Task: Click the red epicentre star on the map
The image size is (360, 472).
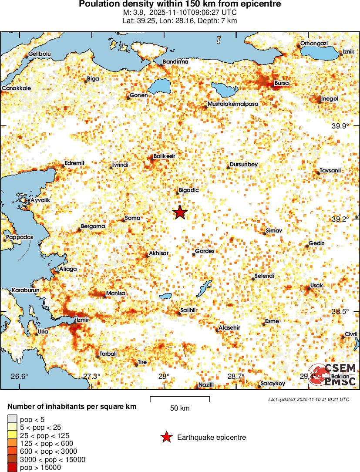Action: pyautogui.click(x=180, y=212)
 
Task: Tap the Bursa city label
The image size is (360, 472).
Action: pyautogui.click(x=282, y=83)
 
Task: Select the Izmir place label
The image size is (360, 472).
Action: pyautogui.click(x=82, y=320)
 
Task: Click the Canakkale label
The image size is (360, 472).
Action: pyautogui.click(x=16, y=88)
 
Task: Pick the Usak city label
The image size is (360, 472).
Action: pyautogui.click(x=316, y=286)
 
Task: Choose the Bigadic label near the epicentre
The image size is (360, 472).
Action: pyautogui.click(x=189, y=190)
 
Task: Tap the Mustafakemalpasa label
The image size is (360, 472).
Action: pyautogui.click(x=233, y=105)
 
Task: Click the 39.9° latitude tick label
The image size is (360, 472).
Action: pyautogui.click(x=340, y=126)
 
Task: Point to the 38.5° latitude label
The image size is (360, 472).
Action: pyautogui.click(x=340, y=312)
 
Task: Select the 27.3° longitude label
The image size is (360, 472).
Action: pyautogui.click(x=91, y=377)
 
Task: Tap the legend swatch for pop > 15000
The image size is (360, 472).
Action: pyautogui.click(x=12, y=468)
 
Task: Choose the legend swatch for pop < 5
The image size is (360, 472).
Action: pyautogui.click(x=12, y=419)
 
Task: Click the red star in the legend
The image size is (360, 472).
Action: pyautogui.click(x=166, y=438)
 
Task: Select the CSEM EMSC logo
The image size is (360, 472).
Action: pyautogui.click(x=333, y=374)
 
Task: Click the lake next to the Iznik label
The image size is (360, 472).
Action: pyautogui.click(x=320, y=54)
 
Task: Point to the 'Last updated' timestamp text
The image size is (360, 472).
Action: pyautogui.click(x=309, y=399)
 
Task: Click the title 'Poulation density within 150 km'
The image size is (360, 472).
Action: pyautogui.click(x=180, y=4)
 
